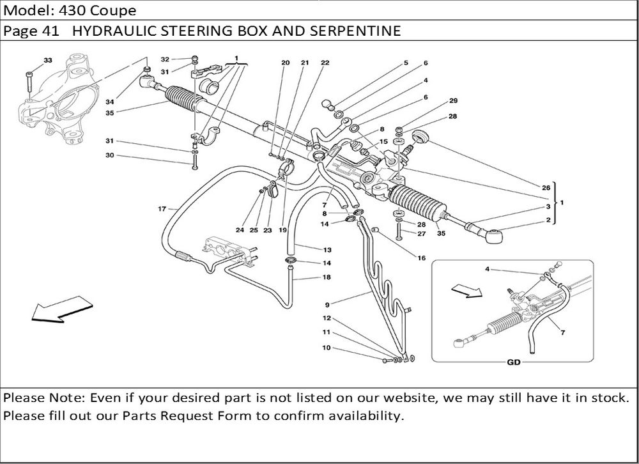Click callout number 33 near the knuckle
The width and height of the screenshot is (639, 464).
coord(47,60)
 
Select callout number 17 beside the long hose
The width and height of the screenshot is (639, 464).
coord(162,209)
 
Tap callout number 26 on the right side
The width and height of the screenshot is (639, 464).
coord(546,188)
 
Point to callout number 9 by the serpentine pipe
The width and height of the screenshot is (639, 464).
coord(327,304)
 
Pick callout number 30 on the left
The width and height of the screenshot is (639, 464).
coord(110,155)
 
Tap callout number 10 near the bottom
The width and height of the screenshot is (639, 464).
coord(327,348)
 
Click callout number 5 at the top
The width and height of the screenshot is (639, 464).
coord(406,63)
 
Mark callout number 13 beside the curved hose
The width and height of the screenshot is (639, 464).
coord(327,249)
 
